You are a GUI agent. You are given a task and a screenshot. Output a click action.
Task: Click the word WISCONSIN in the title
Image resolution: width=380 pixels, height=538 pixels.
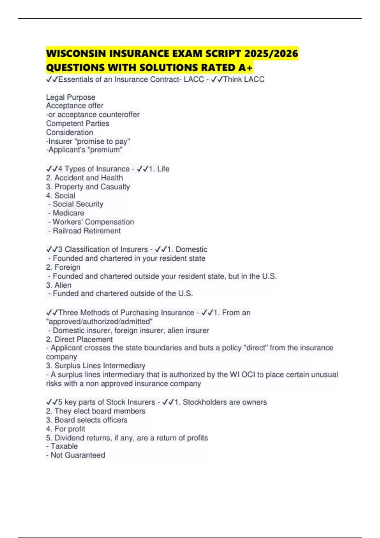pos(76,53)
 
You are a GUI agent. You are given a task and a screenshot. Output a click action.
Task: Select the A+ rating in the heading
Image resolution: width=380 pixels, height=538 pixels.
pos(246,67)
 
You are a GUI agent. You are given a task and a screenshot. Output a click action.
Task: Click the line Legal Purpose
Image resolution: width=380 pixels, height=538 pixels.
pos(71,97)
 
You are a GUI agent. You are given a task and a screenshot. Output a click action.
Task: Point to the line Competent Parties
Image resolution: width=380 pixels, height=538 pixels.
pos(78,123)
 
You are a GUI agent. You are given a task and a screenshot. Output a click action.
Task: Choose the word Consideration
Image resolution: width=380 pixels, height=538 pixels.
pos(70,132)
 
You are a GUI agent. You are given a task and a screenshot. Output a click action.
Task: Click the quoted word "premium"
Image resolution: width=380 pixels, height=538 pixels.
pos(106,150)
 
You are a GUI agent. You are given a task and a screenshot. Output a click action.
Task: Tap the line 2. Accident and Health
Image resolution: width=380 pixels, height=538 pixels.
pos(85,178)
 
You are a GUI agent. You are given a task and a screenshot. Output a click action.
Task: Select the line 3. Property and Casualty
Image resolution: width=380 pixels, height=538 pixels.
pos(88,187)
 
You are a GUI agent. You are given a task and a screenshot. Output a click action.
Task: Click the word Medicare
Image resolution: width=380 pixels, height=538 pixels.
pos(68,213)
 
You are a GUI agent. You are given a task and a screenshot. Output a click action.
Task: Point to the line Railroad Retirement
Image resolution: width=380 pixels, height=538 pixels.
pos(87,231)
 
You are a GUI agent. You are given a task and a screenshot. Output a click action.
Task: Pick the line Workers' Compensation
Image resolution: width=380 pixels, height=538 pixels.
pos(93,222)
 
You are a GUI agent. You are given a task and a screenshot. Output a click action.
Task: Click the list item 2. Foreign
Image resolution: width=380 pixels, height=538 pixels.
pos(63,267)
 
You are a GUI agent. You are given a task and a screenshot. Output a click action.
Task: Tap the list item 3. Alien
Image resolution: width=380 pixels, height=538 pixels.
pos(59,285)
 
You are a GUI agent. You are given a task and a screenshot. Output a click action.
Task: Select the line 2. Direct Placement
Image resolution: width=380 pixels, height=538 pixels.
pos(79,339)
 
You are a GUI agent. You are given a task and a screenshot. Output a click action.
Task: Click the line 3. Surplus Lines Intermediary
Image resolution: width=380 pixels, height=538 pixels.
pos(96,366)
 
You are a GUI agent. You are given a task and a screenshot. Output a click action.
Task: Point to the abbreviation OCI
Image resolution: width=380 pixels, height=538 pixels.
pos(248,375)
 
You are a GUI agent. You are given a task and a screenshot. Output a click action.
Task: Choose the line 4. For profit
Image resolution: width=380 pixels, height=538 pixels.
pos(66,429)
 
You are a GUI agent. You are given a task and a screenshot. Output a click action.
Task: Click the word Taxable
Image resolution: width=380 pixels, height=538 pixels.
pos(64,446)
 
